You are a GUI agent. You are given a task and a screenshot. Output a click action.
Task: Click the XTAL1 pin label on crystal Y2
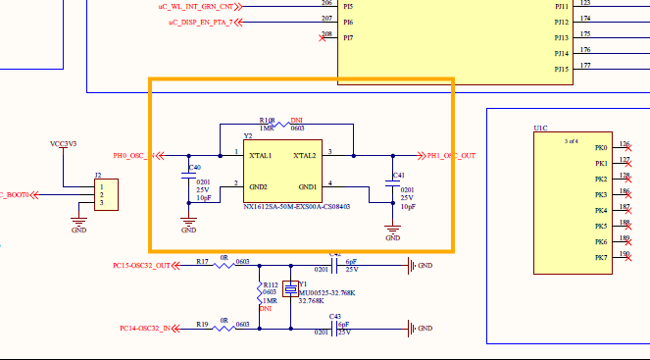coord(261,156)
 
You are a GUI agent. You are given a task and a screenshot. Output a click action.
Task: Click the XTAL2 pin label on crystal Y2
coord(303,156)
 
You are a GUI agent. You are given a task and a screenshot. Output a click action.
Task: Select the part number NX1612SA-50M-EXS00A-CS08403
coord(296,207)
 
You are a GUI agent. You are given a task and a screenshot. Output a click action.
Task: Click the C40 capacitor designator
coord(194,168)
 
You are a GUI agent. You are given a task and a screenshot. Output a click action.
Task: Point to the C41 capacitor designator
coord(397,176)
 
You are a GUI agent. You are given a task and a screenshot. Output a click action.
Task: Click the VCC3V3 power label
coord(63,144)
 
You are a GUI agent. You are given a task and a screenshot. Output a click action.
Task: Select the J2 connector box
coord(105,194)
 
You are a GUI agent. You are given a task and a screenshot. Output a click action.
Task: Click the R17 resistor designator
coord(202,262)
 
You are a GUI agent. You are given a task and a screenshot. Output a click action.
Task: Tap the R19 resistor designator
coord(202,323)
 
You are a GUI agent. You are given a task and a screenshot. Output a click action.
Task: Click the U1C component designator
coord(540,129)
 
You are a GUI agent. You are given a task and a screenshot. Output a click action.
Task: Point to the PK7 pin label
coord(601,257)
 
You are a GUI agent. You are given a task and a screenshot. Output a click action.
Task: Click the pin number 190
coord(625,253)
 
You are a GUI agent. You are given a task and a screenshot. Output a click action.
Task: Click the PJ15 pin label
coord(561,69)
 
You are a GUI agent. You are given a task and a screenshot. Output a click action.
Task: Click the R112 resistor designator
coord(270,283)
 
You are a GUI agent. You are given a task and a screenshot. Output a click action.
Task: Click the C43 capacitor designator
coord(334,316)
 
